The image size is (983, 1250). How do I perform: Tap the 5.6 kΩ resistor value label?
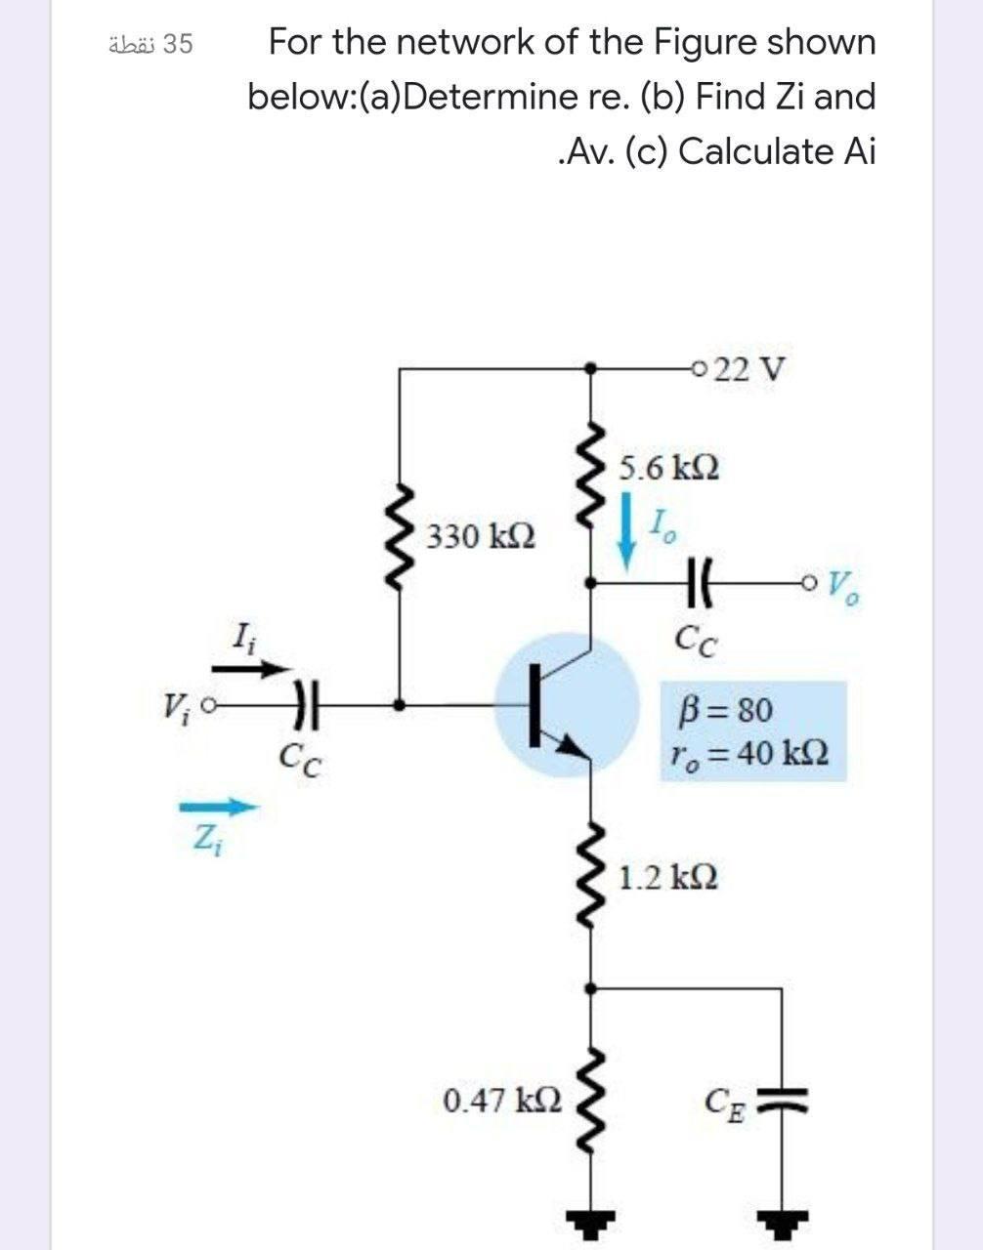tap(670, 468)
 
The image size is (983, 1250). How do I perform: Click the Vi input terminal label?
tap(177, 701)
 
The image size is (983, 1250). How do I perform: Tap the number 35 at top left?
tap(177, 44)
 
